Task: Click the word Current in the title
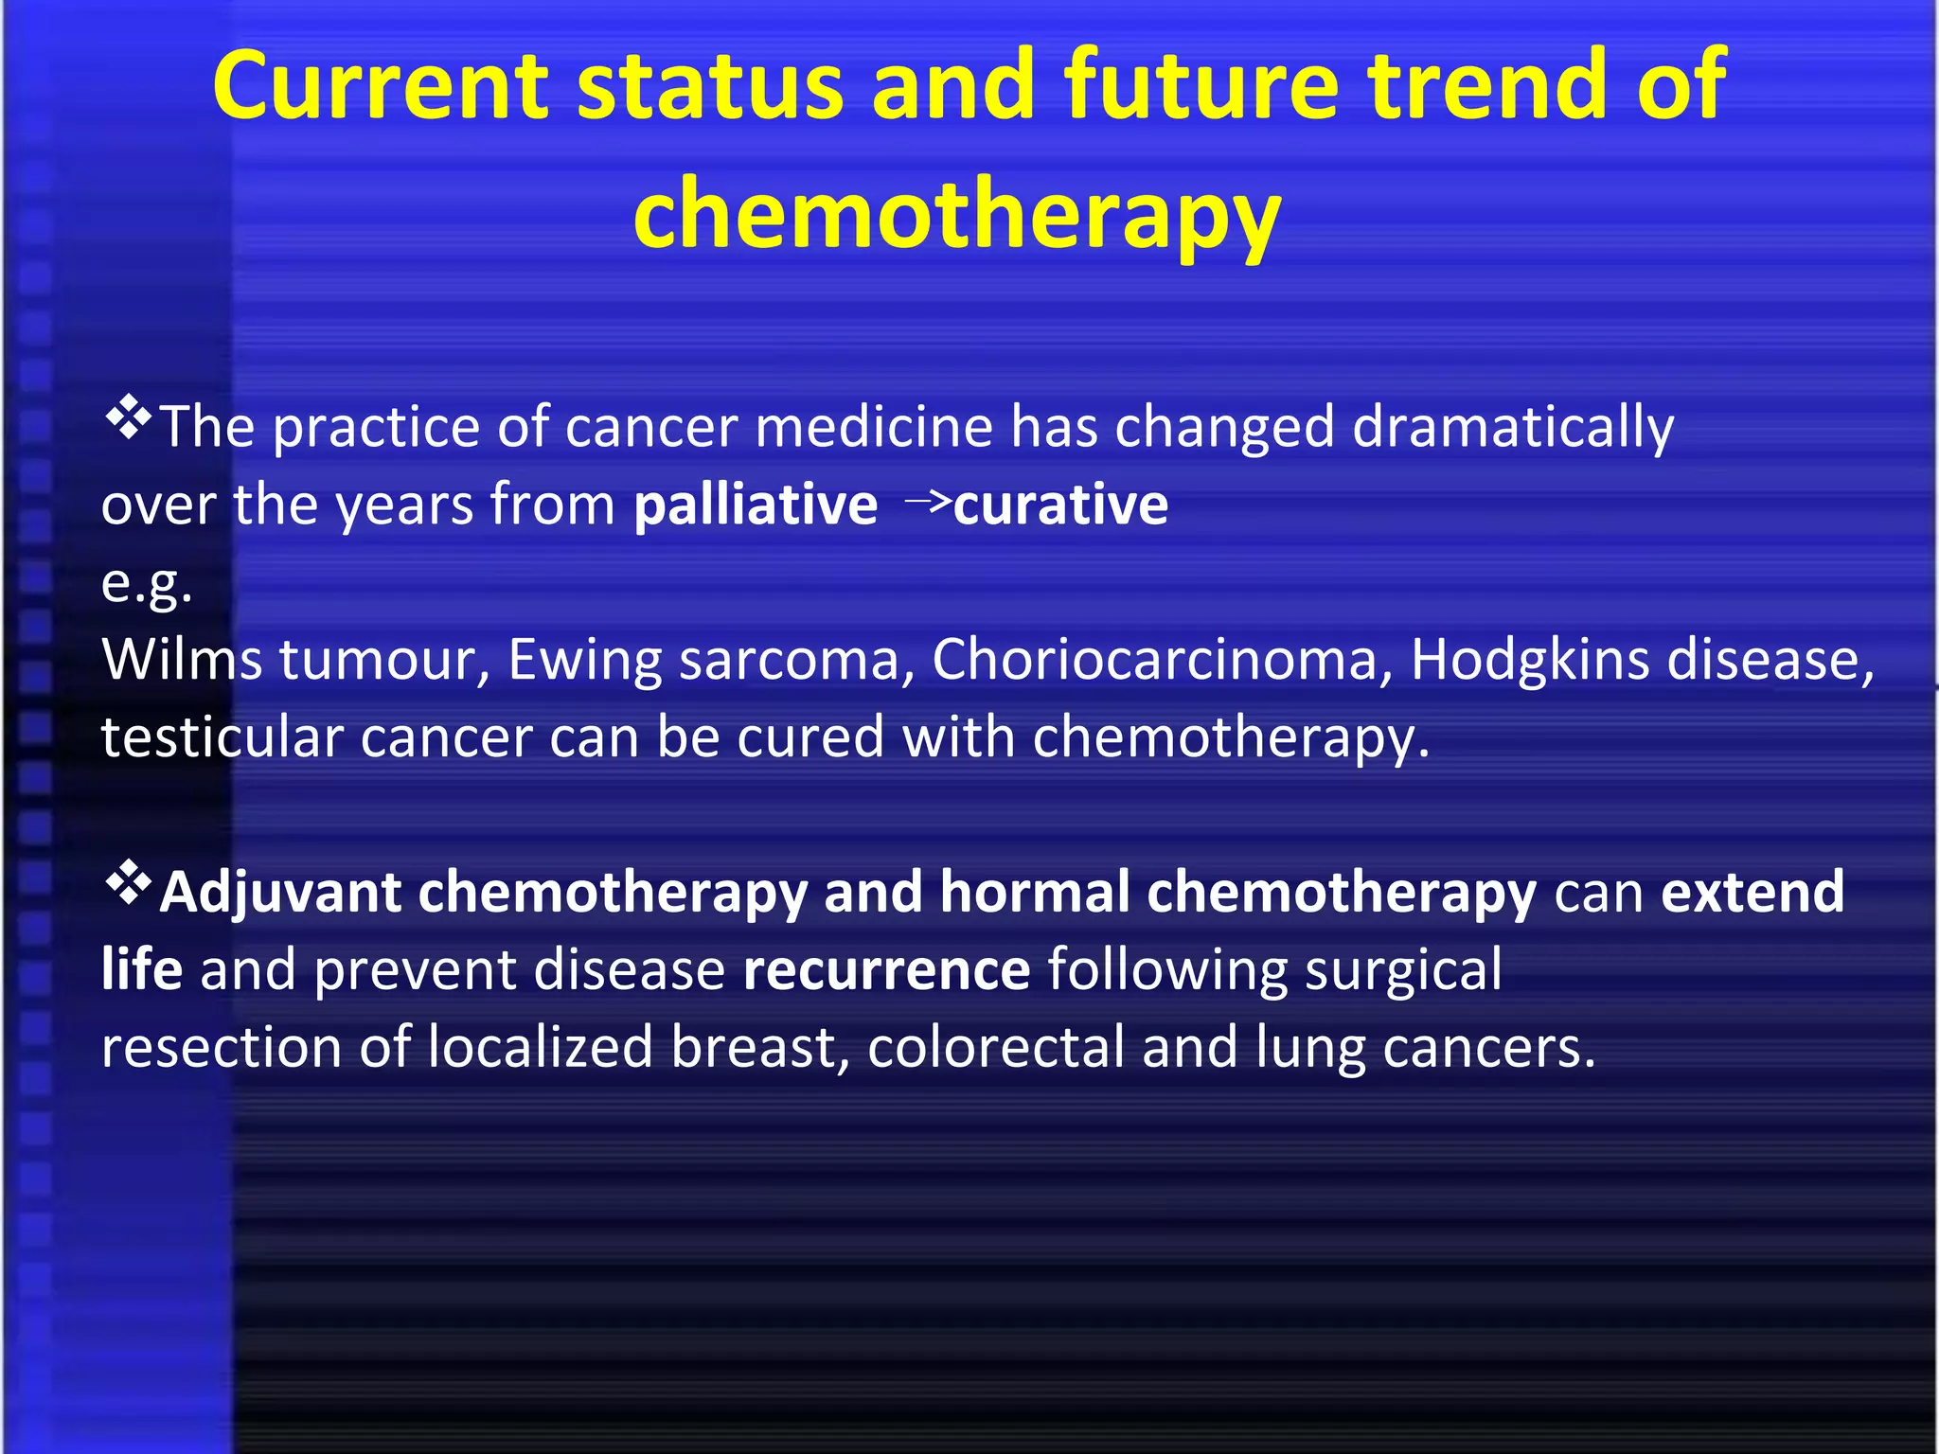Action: click(x=379, y=87)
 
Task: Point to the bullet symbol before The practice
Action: click(x=129, y=418)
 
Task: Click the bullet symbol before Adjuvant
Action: click(x=129, y=884)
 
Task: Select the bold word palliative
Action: click(x=756, y=505)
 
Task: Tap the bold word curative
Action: click(x=1060, y=505)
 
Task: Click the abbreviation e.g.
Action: click(x=147, y=585)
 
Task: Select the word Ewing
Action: click(x=584, y=660)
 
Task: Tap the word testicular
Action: click(x=222, y=737)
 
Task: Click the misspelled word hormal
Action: click(x=1035, y=892)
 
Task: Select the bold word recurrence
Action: click(x=886, y=970)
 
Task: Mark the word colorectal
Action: click(x=995, y=1048)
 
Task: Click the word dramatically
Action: click(x=1513, y=428)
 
